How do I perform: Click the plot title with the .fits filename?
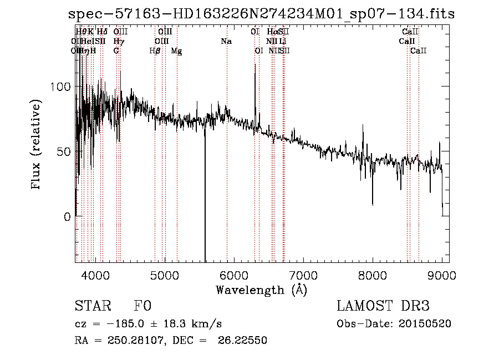[261, 14]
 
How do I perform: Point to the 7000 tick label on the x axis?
[303, 275]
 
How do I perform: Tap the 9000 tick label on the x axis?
[442, 275]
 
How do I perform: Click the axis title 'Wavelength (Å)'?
[261, 290]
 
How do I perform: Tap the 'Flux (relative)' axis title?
[37, 145]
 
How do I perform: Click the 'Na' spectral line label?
[226, 42]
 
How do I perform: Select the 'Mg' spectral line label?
[176, 51]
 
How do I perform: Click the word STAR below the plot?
[90, 307]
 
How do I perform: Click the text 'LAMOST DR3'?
[383, 307]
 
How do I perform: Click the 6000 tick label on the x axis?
[234, 275]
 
